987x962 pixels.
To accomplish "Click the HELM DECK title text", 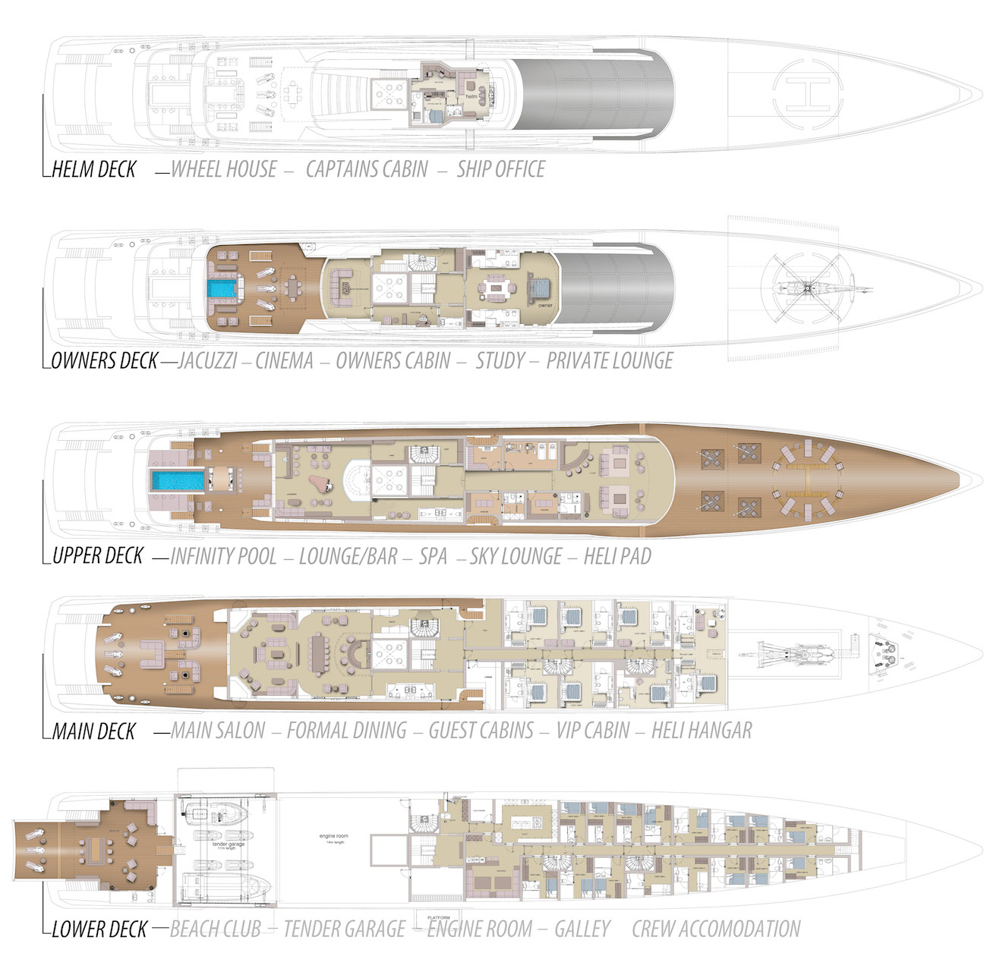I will point(94,169).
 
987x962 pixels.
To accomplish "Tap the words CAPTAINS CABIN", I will point(367,169).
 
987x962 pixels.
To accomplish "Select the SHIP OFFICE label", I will point(500,169).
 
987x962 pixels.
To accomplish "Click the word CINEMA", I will point(284,361).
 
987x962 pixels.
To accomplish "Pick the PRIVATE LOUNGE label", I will point(610,361).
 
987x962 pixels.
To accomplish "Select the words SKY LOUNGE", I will point(516,557).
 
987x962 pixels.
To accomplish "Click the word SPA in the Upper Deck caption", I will point(433,557).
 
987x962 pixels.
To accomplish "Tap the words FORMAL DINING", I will point(347,731).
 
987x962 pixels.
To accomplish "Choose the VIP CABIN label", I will point(593,731).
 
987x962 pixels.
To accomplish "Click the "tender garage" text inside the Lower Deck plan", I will point(229,844).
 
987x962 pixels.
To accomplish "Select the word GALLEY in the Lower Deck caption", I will point(582,929).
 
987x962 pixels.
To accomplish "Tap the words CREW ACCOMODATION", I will point(716,929).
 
